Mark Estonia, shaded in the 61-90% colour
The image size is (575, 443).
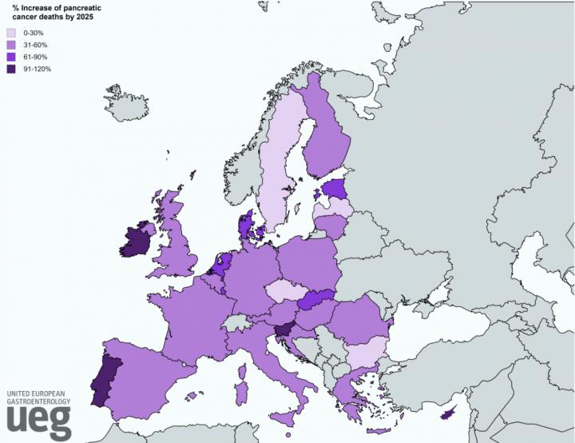click(336, 190)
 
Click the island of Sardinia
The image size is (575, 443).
click(240, 392)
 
